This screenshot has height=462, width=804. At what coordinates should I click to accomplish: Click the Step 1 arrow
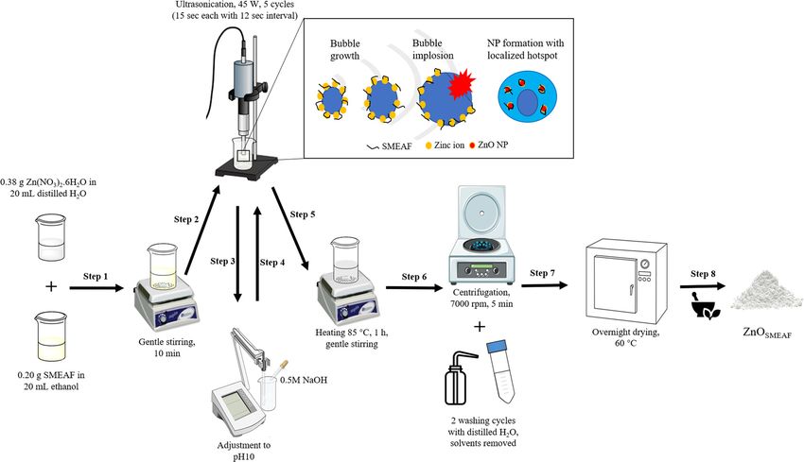pos(96,288)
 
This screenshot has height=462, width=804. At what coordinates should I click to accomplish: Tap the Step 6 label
pos(413,277)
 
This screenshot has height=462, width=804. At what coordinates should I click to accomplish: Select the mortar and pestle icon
pos(705,305)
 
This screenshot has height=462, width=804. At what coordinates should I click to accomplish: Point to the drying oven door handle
pos(632,290)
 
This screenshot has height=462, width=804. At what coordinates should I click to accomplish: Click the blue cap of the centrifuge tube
pos(496,346)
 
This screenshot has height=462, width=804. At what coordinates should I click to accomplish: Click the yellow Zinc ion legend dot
pos(428,145)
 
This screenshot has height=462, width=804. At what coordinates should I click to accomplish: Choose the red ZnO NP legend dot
pos(472,145)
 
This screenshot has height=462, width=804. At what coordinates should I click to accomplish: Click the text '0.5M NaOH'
pos(303,380)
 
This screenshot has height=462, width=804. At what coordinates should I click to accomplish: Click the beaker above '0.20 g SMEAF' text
pos(51,336)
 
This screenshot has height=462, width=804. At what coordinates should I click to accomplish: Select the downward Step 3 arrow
pos(237,254)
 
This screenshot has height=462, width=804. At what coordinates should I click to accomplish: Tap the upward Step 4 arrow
pos(258,254)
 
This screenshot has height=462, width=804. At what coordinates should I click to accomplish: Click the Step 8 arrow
pos(703,286)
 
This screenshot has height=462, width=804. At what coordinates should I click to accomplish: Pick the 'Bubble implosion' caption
pos(433,49)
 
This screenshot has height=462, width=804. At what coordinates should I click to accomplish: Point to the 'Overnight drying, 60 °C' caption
pos(625,337)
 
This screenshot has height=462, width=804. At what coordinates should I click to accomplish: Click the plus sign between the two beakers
pos(51,286)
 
